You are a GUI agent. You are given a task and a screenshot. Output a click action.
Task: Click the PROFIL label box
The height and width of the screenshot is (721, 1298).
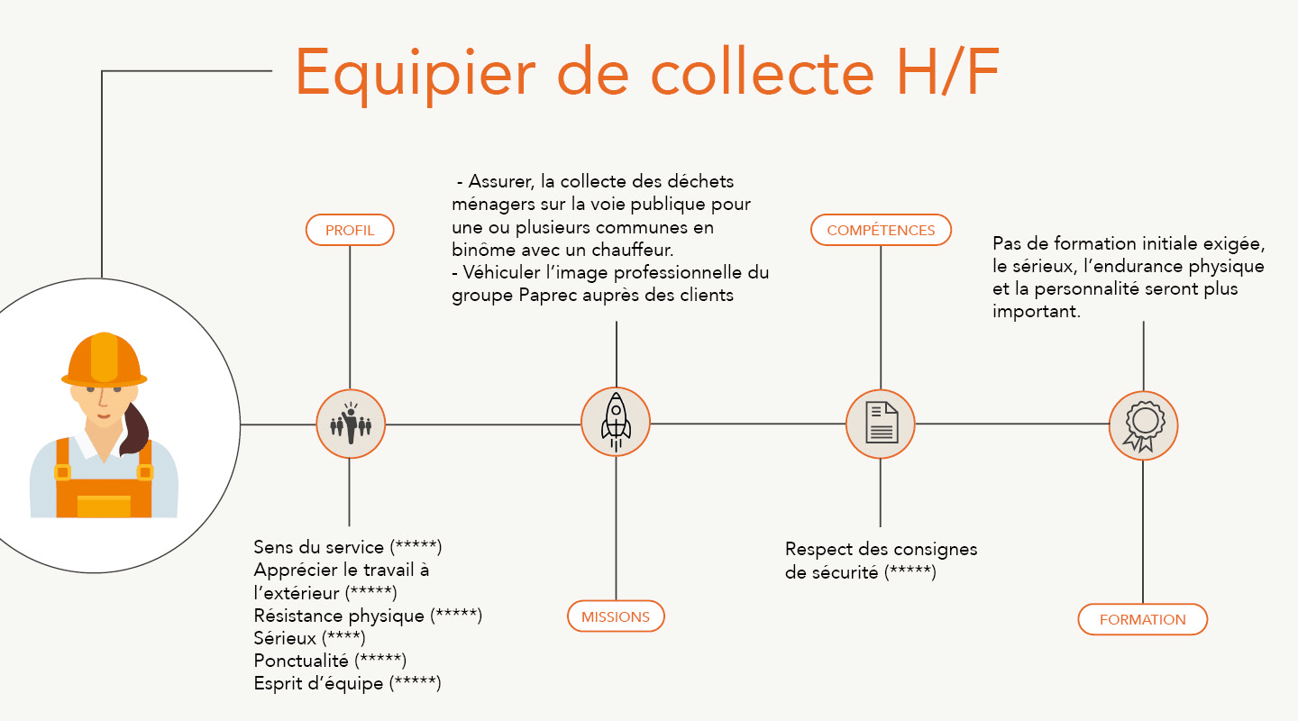point(350,230)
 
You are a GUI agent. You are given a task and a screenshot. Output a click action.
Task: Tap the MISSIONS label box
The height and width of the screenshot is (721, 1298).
point(616,616)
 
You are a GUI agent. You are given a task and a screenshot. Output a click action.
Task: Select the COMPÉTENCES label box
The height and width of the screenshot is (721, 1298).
point(881,230)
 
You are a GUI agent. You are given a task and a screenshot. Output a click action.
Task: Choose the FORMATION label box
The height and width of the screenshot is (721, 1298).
point(1142,619)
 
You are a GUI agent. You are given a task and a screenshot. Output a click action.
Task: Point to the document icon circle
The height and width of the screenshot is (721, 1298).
point(881,424)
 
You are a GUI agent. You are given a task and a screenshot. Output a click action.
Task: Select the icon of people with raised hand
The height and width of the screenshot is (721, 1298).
point(350,424)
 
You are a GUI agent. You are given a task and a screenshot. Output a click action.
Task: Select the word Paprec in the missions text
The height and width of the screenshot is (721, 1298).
point(549,295)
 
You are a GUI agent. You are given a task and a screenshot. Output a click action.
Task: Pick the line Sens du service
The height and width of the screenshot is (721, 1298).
point(347,547)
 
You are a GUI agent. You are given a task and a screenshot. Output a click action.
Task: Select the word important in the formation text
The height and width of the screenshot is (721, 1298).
point(1036,312)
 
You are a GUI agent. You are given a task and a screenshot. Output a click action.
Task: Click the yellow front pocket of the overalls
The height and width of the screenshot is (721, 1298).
point(104,506)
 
